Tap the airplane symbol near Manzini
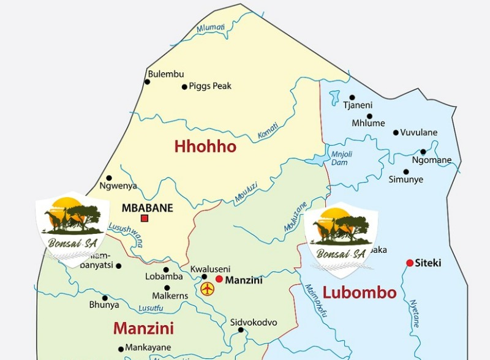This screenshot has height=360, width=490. click(x=208, y=288)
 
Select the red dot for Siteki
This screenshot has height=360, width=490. click(x=410, y=263)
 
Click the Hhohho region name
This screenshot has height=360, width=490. click(x=205, y=147)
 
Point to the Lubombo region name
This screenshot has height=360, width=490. click(x=360, y=293)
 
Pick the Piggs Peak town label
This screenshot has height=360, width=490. click(x=210, y=86)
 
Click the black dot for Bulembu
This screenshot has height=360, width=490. click(x=147, y=81)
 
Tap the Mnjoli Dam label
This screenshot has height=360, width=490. click(x=339, y=158)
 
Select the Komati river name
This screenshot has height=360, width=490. click(x=268, y=130)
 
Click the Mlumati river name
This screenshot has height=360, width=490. click(x=211, y=28)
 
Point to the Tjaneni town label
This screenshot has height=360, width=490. click(x=357, y=105)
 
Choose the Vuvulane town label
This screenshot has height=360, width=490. click(x=419, y=132)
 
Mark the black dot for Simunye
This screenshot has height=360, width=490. click(x=405, y=172)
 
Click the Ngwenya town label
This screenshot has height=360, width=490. click(x=118, y=186)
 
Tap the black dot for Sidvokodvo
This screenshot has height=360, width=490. click(x=241, y=330)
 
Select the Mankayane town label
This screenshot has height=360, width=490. click(x=148, y=348)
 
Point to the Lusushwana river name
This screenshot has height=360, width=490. click(x=126, y=235)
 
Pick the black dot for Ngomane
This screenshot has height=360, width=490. click(x=423, y=152)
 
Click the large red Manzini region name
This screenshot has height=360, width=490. click(x=143, y=328)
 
